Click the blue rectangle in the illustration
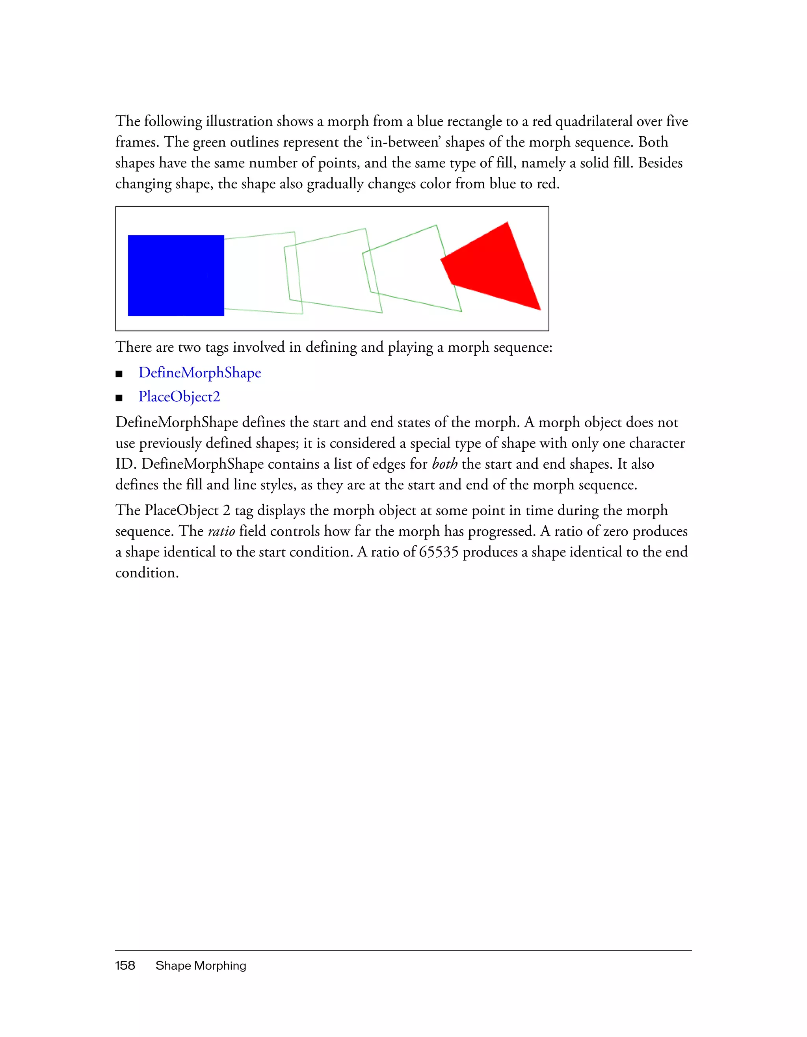click(176, 275)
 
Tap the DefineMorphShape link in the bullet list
click(199, 373)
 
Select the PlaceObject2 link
click(179, 397)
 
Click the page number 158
click(125, 966)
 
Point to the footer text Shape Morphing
click(201, 966)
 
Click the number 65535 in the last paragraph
click(439, 552)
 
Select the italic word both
click(444, 464)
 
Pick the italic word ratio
click(221, 531)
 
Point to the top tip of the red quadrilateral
click(507, 223)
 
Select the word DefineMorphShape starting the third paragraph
click(177, 422)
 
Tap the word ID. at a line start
click(126, 464)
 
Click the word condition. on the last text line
click(147, 573)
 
